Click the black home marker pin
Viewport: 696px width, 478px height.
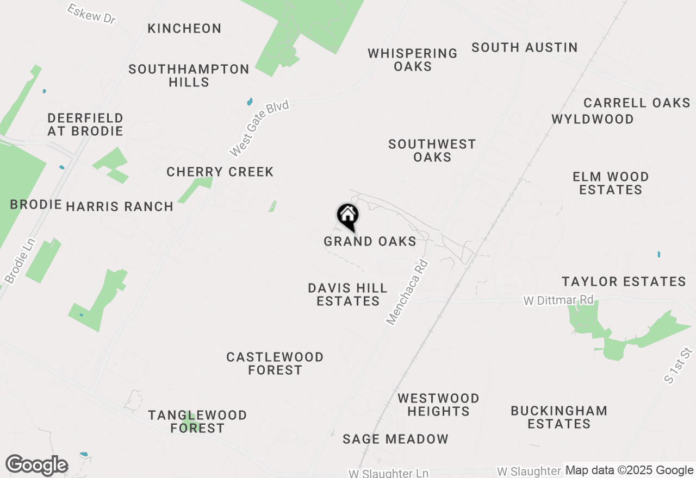point(347,216)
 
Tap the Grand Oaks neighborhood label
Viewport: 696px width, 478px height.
point(370,241)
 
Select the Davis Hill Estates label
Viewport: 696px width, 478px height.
point(348,294)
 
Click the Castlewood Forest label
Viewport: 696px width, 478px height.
point(275,363)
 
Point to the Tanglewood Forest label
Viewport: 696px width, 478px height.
point(197,422)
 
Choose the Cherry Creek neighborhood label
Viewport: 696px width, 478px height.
point(220,172)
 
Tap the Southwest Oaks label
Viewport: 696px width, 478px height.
point(432,150)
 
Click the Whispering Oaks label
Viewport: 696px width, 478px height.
point(413,60)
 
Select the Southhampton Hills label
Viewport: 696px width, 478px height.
point(189,76)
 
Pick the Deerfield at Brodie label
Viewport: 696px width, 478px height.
point(85,124)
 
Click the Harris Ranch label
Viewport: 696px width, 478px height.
point(120,206)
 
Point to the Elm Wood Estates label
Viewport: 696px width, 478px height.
point(611,183)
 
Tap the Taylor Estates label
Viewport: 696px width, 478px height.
point(624,281)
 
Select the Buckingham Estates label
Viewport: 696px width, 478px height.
point(559,417)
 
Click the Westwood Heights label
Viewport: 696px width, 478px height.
point(438,405)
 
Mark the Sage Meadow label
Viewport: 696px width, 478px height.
point(396,439)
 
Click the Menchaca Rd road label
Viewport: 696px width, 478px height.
point(407,292)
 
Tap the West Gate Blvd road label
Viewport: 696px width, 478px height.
point(259,129)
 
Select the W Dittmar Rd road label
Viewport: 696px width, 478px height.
point(558,300)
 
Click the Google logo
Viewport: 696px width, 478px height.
point(36,466)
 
